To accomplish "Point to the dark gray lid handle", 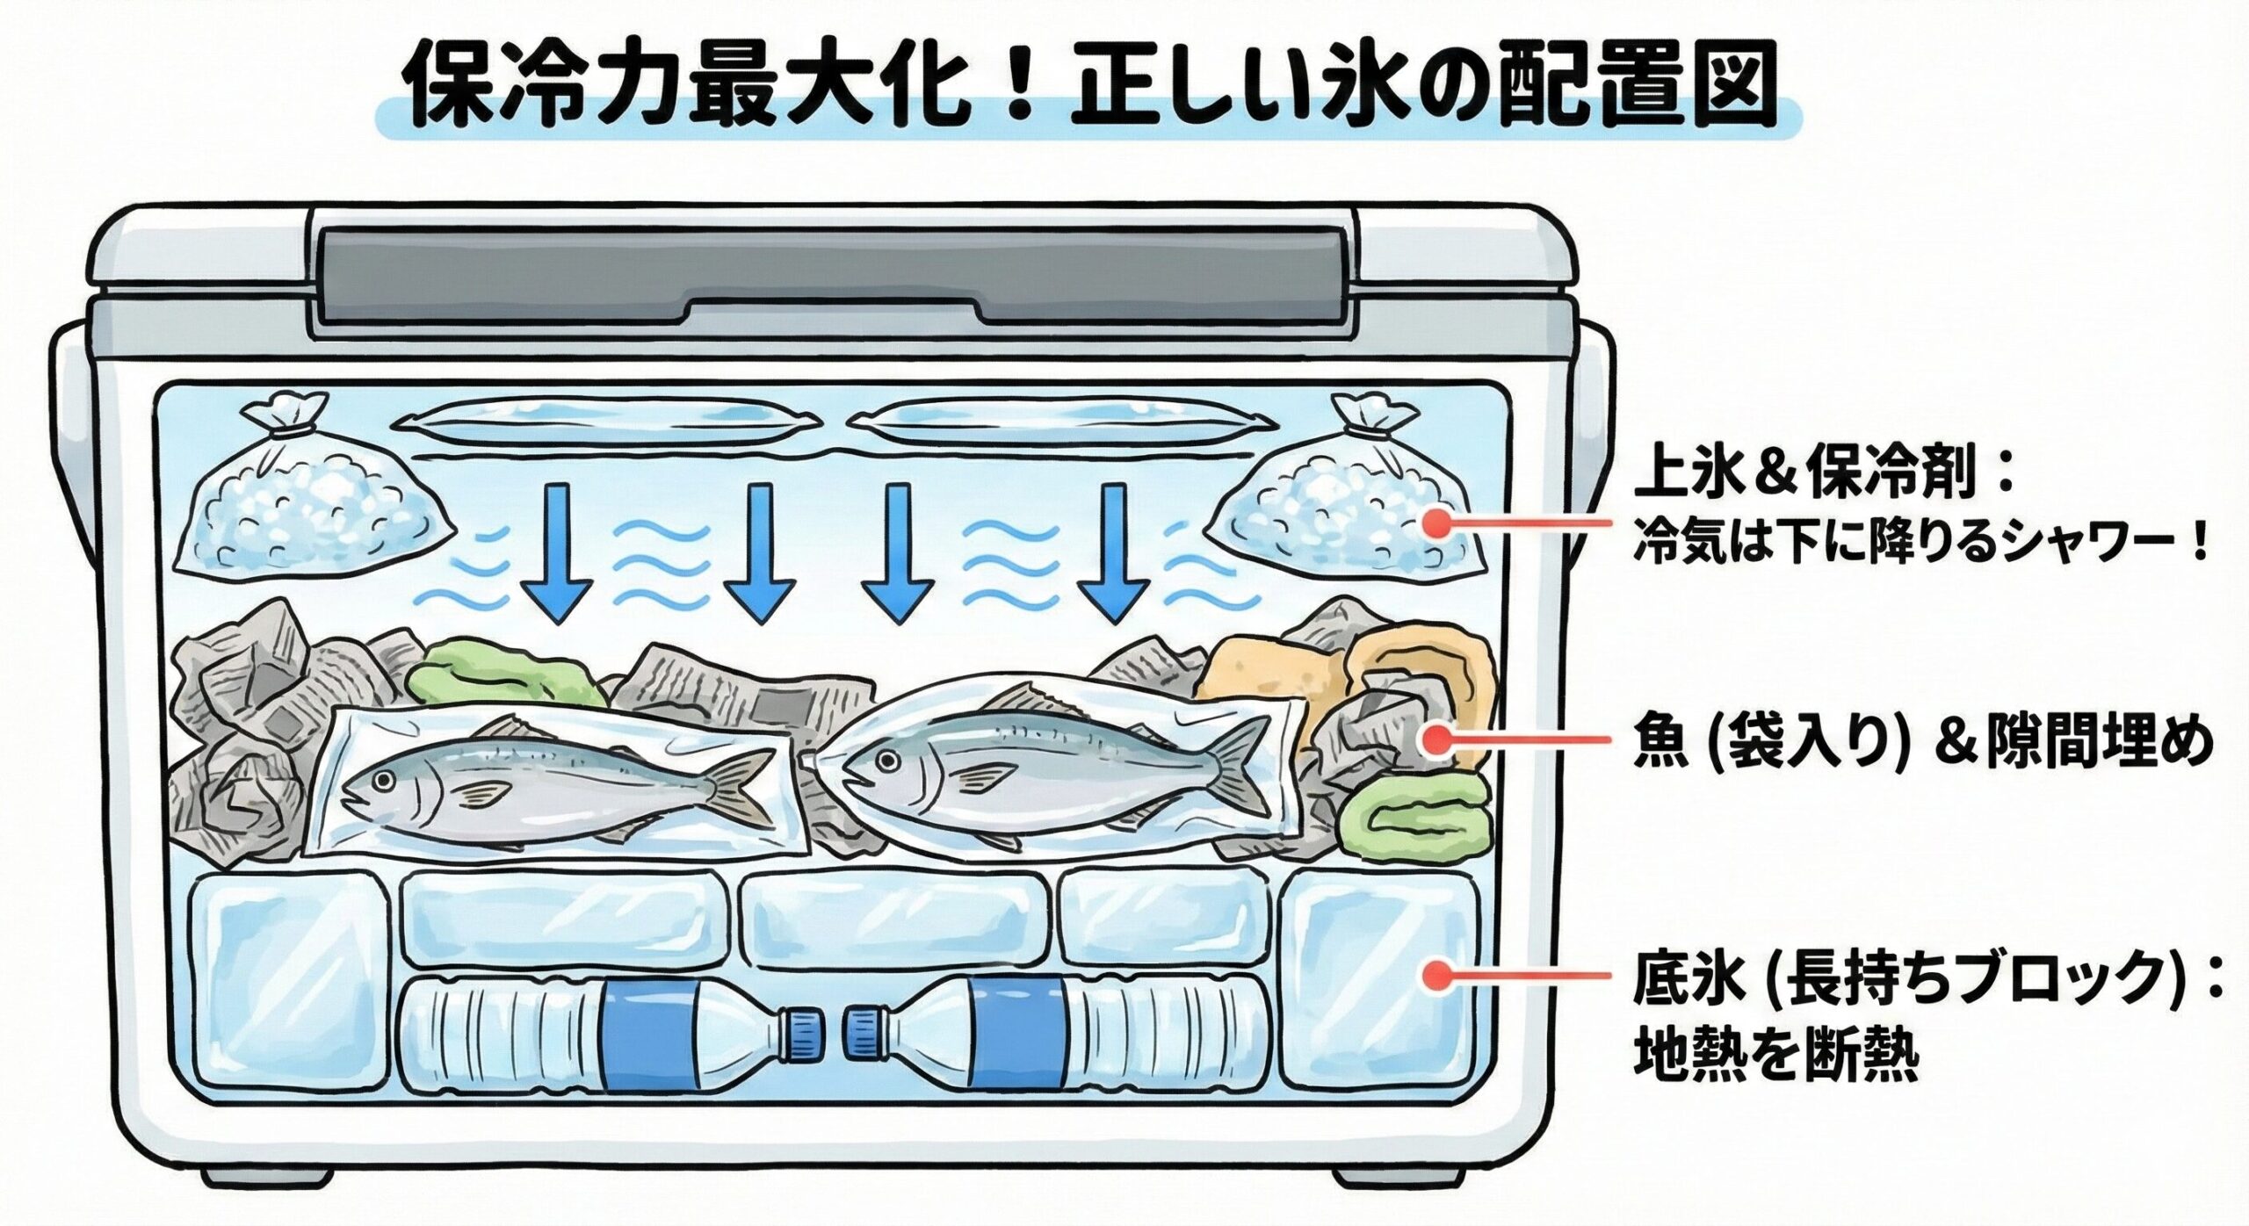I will point(835,281).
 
